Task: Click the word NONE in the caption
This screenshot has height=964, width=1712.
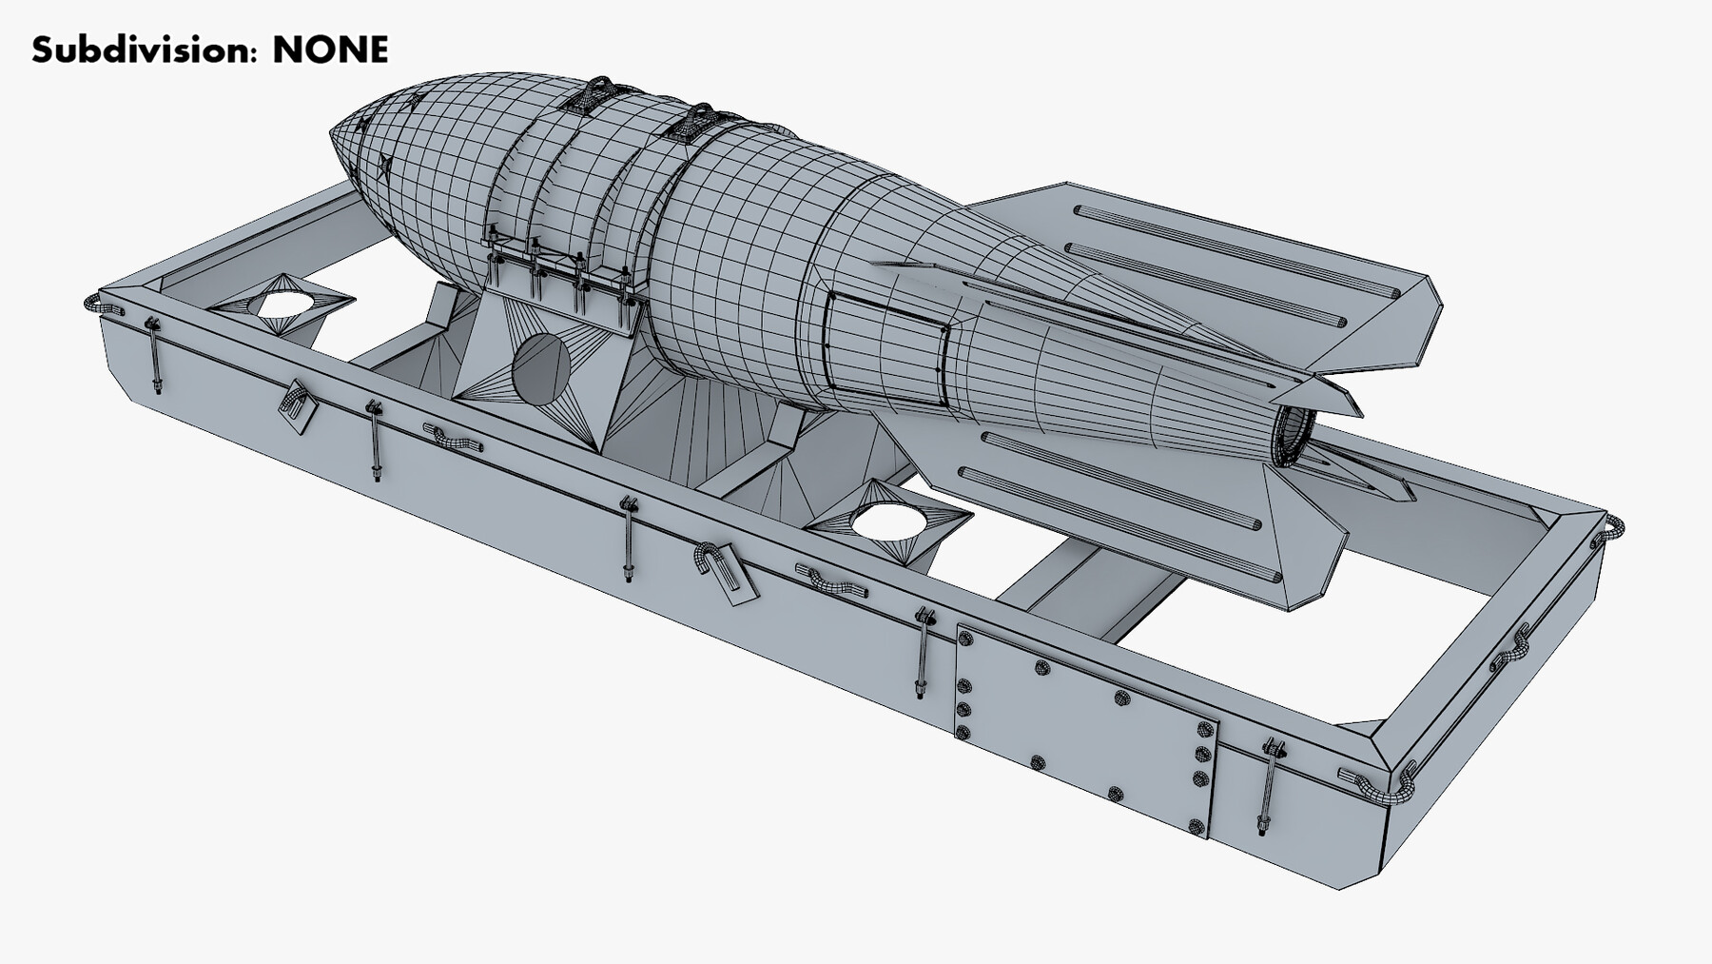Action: (x=330, y=49)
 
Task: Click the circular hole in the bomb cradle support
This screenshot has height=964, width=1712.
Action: (x=540, y=368)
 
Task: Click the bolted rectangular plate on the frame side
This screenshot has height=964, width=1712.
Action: (x=1084, y=728)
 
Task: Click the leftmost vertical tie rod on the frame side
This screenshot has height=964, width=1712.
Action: (x=153, y=355)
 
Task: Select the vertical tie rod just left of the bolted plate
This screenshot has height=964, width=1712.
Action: (x=922, y=654)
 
